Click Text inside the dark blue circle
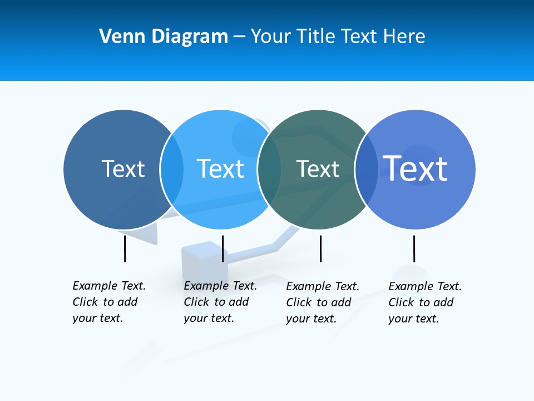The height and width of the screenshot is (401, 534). point(123,169)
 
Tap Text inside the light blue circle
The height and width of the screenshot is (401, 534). point(220,169)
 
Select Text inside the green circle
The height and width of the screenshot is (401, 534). point(318,169)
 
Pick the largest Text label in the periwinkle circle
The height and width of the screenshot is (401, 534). point(415,168)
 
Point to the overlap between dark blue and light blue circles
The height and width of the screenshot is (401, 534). point(172,169)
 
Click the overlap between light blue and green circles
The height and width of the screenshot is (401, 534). point(269,169)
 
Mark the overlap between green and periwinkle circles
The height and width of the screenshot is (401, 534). point(366,169)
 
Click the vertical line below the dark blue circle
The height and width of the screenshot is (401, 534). point(125,248)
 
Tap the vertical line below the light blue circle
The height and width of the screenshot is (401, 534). point(222,248)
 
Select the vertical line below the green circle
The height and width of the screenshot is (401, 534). point(320,248)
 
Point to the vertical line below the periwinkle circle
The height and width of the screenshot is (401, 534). point(414,248)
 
